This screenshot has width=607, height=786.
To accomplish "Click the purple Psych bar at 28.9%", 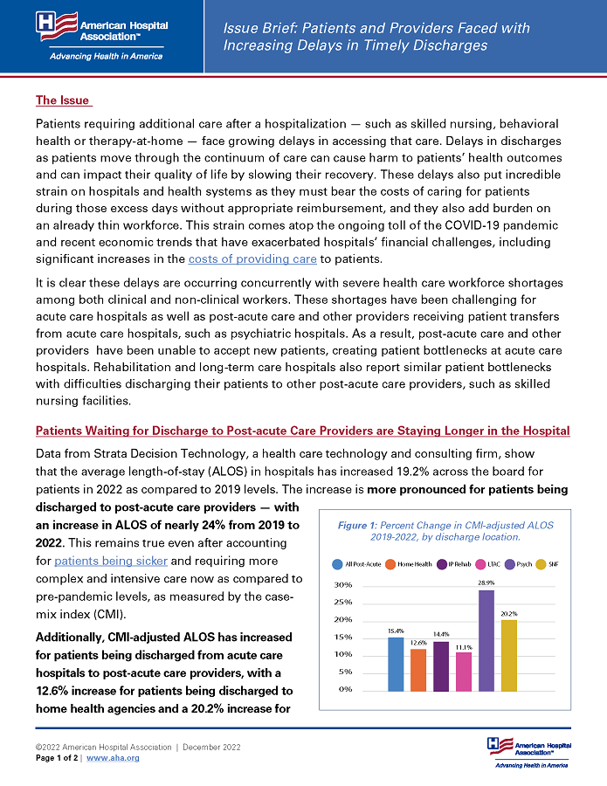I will (x=486, y=639).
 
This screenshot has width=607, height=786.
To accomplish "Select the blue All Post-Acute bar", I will (x=395, y=663).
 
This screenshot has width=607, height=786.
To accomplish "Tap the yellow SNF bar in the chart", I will (x=508, y=654).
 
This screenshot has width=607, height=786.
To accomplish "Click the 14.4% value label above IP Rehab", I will (x=441, y=633).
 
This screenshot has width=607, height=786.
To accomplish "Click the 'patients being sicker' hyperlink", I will (x=110, y=561).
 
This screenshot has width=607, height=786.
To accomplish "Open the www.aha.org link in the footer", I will (x=113, y=758).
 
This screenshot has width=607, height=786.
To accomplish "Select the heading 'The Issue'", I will (x=63, y=100).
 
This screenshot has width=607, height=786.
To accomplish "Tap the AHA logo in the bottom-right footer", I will (x=529, y=751).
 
